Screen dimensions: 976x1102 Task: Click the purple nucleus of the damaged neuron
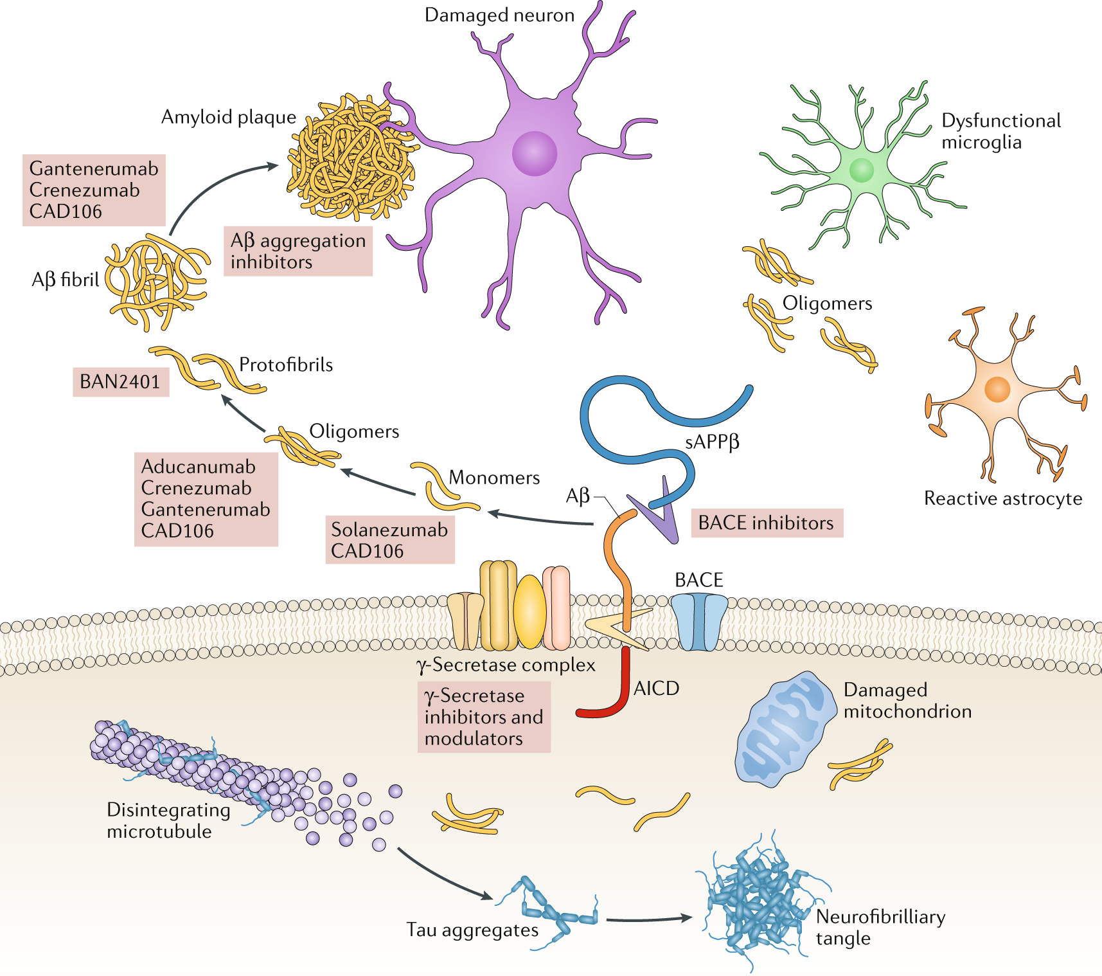tap(534, 154)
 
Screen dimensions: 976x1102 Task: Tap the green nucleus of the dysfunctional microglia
tap(861, 170)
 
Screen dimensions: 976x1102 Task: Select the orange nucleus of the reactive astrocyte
tap(997, 389)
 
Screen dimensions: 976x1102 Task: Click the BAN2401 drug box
tap(121, 382)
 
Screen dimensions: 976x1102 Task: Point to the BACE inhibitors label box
tap(766, 523)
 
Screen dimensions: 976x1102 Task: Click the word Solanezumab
tap(389, 530)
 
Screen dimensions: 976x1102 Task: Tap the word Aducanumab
tap(198, 467)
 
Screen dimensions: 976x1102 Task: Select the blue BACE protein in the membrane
tap(699, 621)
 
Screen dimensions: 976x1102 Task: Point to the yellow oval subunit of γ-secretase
tap(529, 612)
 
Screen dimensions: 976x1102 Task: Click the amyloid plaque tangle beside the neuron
tap(350, 158)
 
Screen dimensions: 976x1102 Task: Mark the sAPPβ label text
tap(712, 442)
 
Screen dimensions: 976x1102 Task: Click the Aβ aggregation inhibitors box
tap(298, 251)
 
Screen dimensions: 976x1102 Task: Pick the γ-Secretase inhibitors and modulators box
tap(484, 717)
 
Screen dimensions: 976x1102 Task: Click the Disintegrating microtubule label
tap(168, 820)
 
